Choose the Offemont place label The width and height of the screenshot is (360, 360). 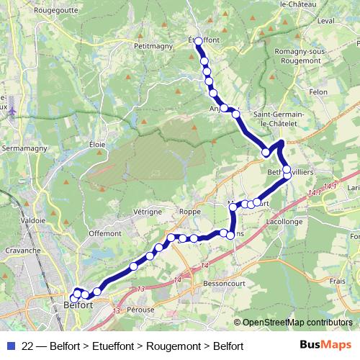click(104, 233)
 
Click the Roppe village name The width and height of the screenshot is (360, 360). click(190, 212)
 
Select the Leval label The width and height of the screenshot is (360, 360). click(305, 22)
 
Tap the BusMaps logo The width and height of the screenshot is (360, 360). click(321, 346)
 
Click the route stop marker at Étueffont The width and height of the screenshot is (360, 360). click(198, 41)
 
